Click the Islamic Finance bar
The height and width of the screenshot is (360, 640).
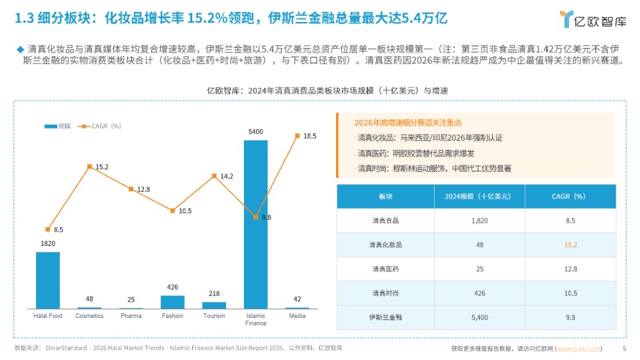tap(255, 224)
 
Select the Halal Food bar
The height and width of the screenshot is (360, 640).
tap(48, 280)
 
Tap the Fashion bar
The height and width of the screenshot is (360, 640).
tap(172, 302)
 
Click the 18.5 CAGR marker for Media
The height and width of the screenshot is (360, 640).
tap(297, 135)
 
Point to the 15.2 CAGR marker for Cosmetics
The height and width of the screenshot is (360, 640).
tap(89, 165)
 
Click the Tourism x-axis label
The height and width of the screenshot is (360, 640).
tap(214, 316)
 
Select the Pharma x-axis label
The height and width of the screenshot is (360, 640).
tap(131, 316)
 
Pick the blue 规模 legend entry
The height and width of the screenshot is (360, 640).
tap(59, 125)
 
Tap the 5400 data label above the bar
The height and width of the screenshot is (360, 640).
tap(255, 131)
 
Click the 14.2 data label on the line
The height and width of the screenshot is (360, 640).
tap(227, 176)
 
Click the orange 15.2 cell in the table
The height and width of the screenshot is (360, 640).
tap(570, 245)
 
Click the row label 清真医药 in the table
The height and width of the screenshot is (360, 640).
tap(385, 269)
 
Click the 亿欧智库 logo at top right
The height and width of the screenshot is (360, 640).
tap(593, 20)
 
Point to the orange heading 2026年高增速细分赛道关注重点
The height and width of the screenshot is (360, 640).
tap(408, 123)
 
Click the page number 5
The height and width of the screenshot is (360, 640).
tap(624, 348)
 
